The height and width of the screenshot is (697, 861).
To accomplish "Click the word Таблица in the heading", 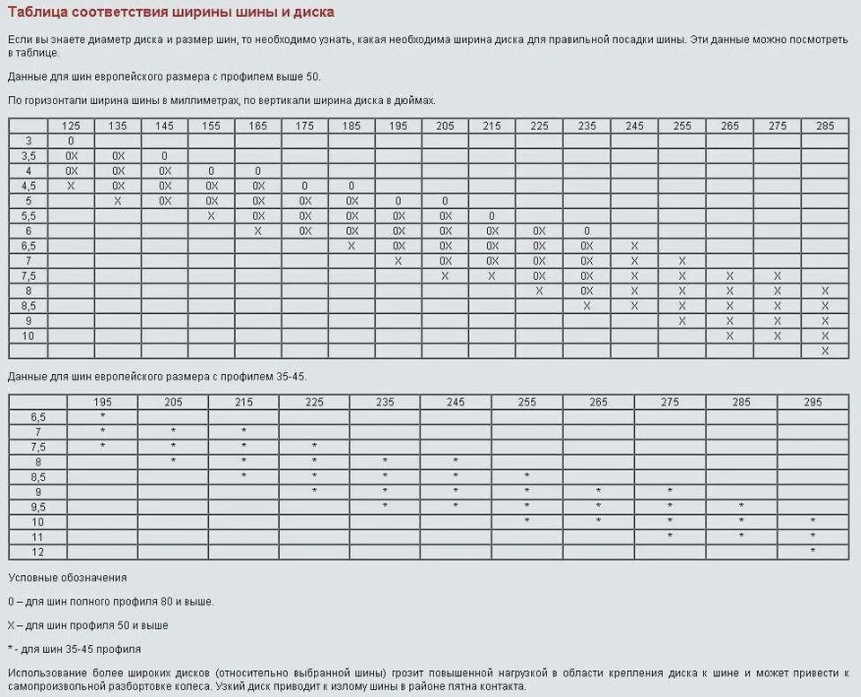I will [37, 13].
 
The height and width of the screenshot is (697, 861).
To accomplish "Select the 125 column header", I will [70, 126].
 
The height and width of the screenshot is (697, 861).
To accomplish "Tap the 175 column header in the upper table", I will [305, 126].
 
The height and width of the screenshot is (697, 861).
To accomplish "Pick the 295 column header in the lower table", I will [813, 403].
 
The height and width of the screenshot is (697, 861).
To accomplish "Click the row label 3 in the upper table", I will [28, 141].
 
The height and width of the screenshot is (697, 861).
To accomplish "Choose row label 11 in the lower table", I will [38, 536].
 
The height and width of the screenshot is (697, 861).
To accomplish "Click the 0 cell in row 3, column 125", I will [70, 141].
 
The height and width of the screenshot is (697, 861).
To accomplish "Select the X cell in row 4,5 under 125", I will [70, 186].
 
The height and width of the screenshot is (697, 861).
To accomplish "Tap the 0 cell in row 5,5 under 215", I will [492, 216].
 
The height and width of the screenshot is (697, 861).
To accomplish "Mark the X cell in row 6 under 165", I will [258, 231].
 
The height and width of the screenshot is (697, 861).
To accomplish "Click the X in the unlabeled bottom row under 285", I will [825, 351].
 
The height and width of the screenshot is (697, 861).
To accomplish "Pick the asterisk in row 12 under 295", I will [813, 551].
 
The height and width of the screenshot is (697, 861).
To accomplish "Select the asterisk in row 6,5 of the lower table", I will [103, 417].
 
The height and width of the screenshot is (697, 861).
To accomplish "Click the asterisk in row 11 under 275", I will [670, 536].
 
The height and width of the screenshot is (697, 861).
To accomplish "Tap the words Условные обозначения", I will [67, 578].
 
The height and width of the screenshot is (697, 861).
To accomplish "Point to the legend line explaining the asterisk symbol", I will [74, 649].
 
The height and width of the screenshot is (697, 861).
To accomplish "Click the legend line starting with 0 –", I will [111, 601].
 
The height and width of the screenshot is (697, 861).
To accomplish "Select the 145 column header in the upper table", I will [164, 126].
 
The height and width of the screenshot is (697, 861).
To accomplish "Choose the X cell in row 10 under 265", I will [729, 335].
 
